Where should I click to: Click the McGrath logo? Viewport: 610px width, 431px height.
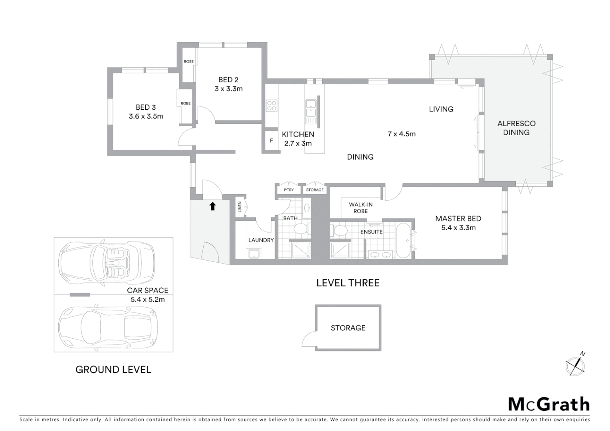pyautogui.click(x=549, y=404)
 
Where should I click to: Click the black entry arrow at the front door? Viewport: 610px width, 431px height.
pyautogui.click(x=213, y=206)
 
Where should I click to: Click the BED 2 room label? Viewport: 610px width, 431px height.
pyautogui.click(x=228, y=80)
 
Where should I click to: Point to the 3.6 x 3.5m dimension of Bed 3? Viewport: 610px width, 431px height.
pyautogui.click(x=146, y=117)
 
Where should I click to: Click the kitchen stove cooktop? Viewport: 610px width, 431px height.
pyautogui.click(x=272, y=106)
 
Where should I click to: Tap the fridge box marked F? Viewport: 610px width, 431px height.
pyautogui.click(x=271, y=141)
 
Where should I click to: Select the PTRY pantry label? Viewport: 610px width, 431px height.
pyautogui.click(x=289, y=190)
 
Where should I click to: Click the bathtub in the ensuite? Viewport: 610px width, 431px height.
pyautogui.click(x=404, y=241)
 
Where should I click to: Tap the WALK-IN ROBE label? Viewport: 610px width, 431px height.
pyautogui.click(x=360, y=208)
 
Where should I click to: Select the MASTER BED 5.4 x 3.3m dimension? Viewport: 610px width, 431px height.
pyautogui.click(x=458, y=228)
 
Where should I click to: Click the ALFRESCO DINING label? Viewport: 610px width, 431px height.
pyautogui.click(x=516, y=128)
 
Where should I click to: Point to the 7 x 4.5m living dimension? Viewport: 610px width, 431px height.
pyautogui.click(x=402, y=134)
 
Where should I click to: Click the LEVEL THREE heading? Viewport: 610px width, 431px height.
pyautogui.click(x=348, y=283)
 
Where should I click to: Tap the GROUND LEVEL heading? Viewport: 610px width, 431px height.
pyautogui.click(x=113, y=370)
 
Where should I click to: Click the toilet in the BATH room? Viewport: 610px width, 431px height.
pyautogui.click(x=300, y=229)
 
